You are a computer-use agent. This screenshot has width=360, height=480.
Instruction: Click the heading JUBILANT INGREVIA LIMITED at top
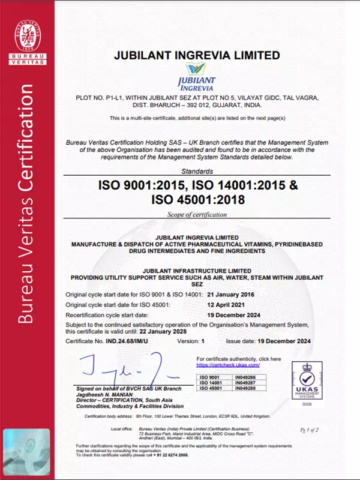click(x=197, y=55)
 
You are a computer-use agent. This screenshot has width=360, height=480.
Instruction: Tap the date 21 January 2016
click(x=230, y=294)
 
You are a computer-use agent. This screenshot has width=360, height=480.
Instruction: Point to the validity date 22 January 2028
click(x=161, y=332)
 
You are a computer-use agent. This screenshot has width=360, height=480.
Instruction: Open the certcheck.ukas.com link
click(x=228, y=365)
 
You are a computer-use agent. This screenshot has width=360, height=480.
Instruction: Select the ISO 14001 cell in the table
click(x=211, y=382)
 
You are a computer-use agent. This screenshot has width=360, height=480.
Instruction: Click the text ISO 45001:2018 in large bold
click(x=198, y=199)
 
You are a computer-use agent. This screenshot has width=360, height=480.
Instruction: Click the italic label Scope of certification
click(x=197, y=214)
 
